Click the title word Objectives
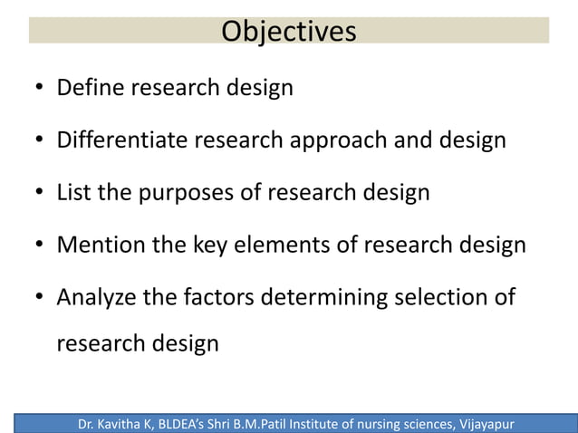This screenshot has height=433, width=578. (x=289, y=31)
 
